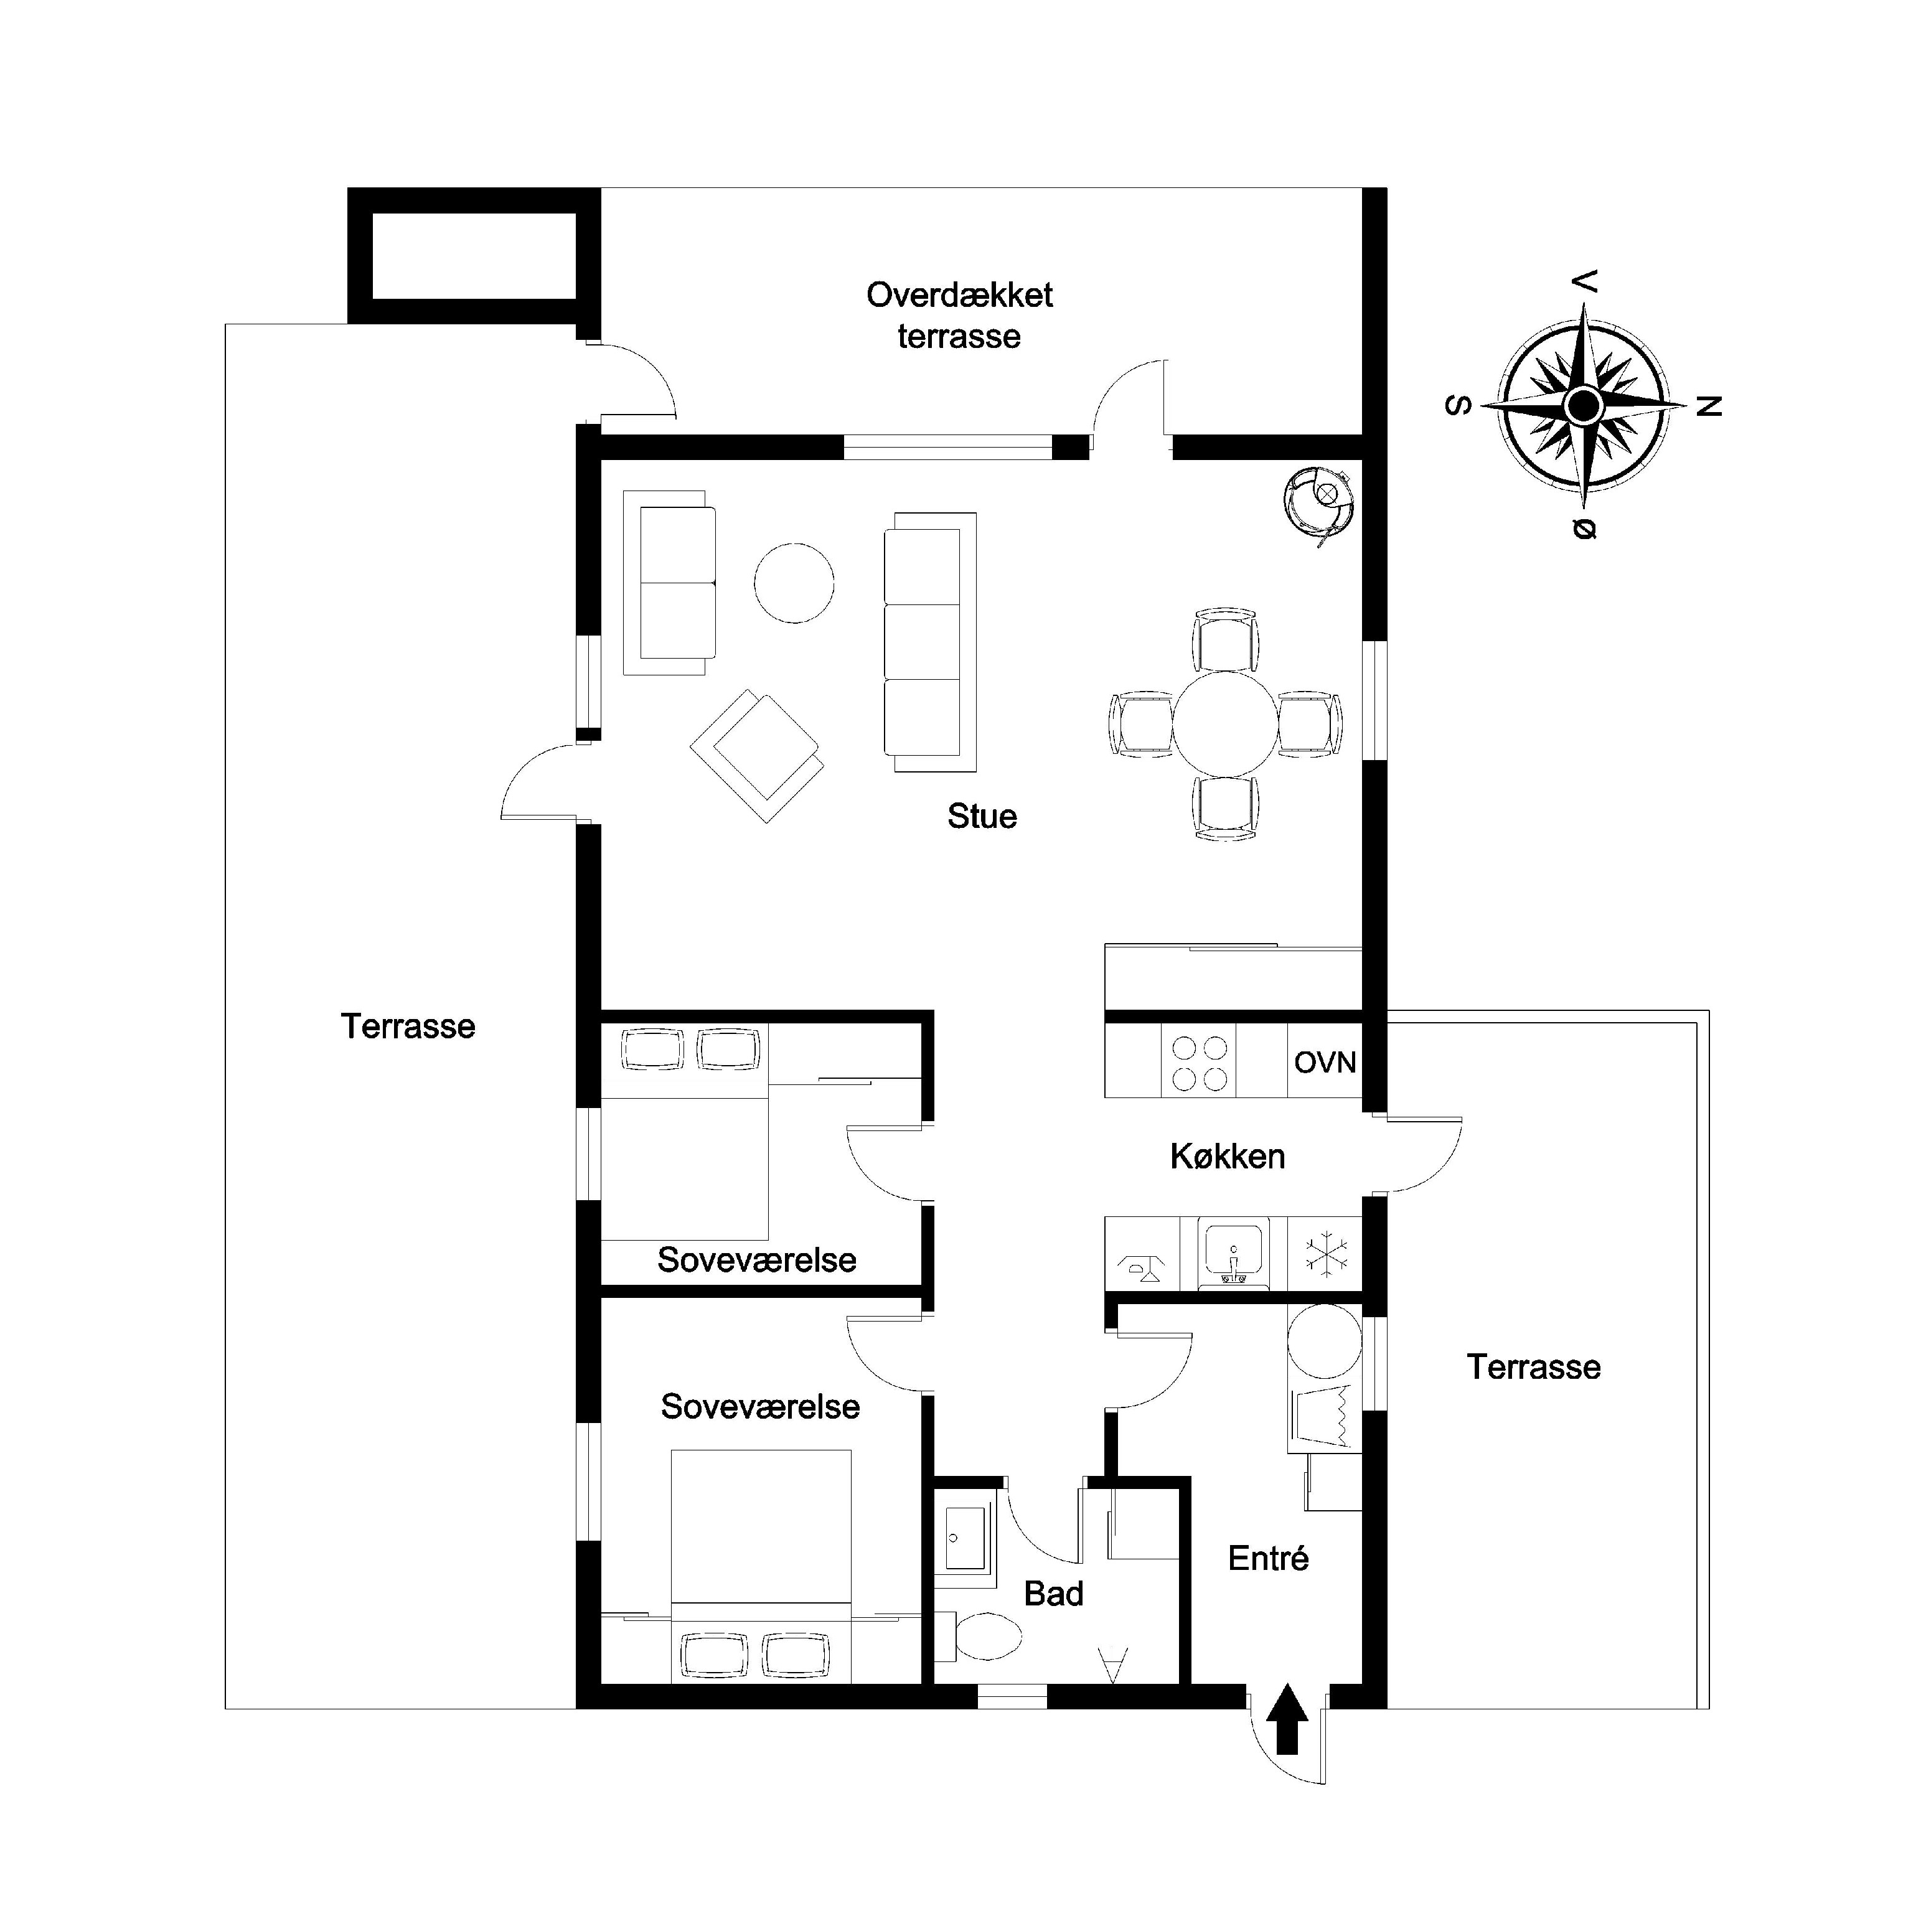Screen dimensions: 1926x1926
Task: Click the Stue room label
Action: click(982, 817)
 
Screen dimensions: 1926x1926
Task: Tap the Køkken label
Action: click(1227, 1157)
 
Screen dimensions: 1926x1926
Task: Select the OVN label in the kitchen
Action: click(1325, 1063)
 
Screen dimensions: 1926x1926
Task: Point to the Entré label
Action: click(1268, 1558)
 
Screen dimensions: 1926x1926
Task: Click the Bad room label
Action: click(1053, 1594)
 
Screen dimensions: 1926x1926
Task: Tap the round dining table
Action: click(1225, 725)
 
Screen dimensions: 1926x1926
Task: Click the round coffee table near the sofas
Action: click(794, 583)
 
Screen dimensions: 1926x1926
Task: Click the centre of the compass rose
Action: click(1583, 406)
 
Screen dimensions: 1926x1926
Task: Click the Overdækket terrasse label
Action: click(959, 315)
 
